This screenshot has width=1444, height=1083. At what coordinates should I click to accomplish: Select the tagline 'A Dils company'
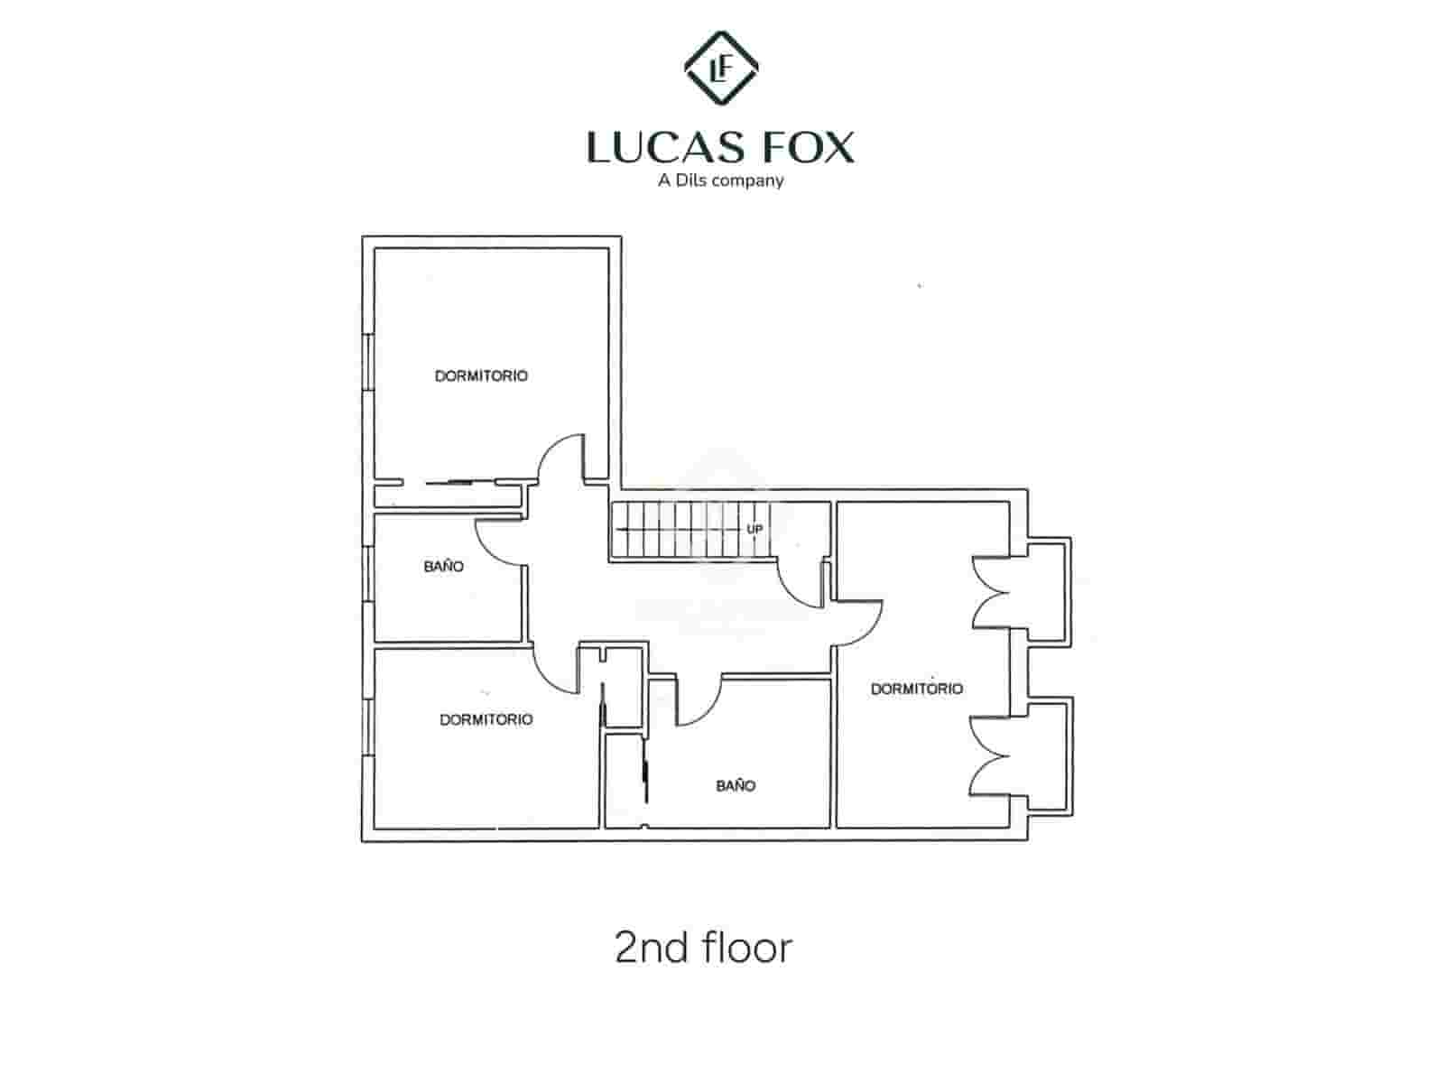click(x=720, y=180)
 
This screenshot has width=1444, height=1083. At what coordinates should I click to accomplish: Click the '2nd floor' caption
click(x=703, y=948)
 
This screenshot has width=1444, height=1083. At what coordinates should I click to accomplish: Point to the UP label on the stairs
click(x=754, y=529)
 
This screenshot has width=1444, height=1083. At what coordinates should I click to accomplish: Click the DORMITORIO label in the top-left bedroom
click(x=481, y=375)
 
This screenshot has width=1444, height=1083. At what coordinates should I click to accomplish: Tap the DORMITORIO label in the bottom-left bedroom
click(x=486, y=719)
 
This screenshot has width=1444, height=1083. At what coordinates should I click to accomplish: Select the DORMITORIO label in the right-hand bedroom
click(x=916, y=689)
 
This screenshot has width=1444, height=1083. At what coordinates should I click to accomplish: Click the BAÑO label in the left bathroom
click(x=444, y=567)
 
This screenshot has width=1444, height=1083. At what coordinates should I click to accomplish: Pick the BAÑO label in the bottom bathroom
click(x=736, y=786)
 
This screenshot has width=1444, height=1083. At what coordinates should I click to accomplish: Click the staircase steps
click(x=686, y=529)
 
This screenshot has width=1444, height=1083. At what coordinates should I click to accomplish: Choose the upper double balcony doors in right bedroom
click(x=990, y=591)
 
